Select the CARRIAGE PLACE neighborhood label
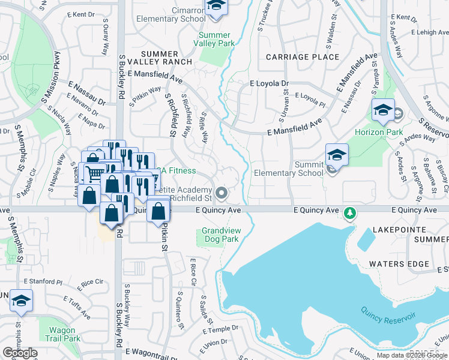(x=303, y=57)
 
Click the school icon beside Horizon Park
(x=382, y=110)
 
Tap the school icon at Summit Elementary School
(x=337, y=155)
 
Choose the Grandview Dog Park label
(x=220, y=235)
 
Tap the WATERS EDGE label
(x=399, y=264)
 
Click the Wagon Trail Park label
(x=64, y=334)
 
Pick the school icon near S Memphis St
(x=21, y=301)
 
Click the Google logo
(x=20, y=353)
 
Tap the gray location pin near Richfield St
(x=222, y=193)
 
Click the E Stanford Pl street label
(x=43, y=281)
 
